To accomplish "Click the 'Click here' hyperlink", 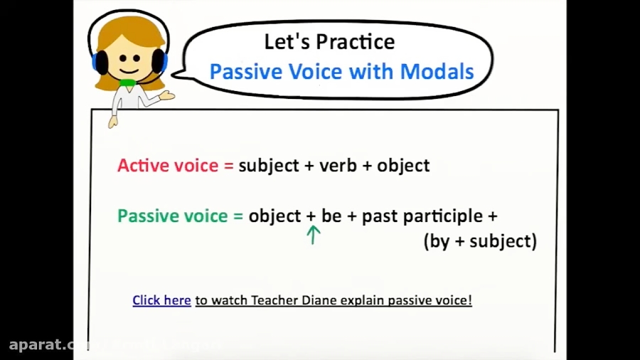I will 161,300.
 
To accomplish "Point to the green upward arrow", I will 313,235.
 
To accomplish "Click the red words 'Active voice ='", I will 175,166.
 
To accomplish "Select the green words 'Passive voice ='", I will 180,216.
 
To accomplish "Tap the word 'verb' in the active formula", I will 338,166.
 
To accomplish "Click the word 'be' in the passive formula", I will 331,216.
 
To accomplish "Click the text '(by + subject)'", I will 480,241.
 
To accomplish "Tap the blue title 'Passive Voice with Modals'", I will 341,72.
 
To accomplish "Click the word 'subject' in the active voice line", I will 269,166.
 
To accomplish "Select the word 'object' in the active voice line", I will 403,166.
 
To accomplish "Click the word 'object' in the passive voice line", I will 274,216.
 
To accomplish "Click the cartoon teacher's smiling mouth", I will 128,70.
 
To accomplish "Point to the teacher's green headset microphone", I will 128,83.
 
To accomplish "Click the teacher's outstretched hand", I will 166,95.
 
